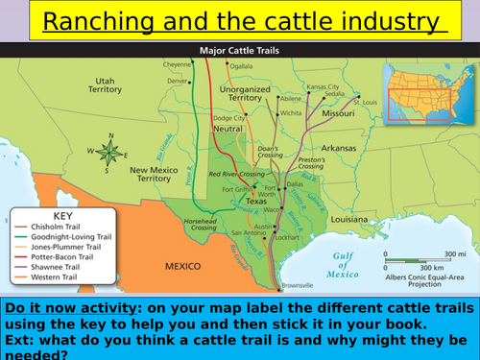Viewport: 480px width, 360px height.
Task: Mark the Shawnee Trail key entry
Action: pos(59,268)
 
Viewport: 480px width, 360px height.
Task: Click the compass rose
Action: pos(110,151)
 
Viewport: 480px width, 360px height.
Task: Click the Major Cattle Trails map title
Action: pos(240,52)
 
